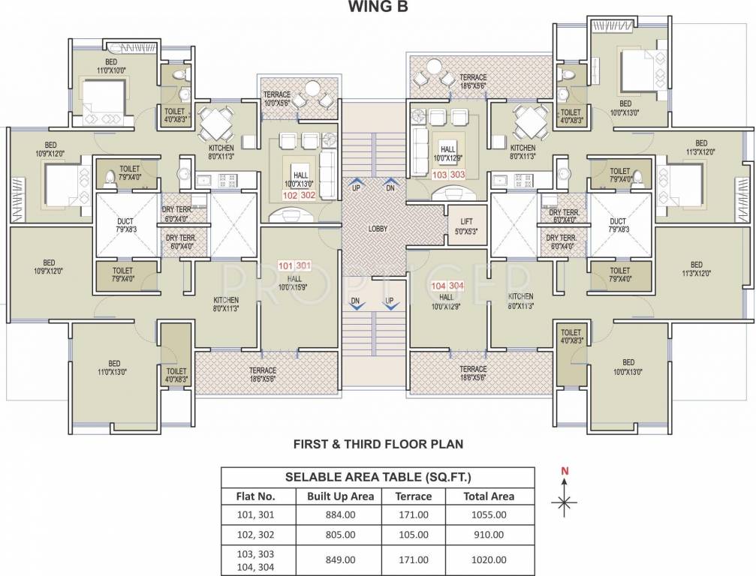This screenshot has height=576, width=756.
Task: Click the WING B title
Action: click(378, 7)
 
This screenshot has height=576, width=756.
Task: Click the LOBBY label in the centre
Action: click(377, 228)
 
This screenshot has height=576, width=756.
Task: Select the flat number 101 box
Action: click(286, 265)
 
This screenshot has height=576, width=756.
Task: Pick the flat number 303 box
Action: click(458, 174)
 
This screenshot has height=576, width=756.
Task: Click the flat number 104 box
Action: click(438, 286)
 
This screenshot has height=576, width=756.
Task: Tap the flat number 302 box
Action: click(307, 193)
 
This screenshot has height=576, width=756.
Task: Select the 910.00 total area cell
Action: click(489, 535)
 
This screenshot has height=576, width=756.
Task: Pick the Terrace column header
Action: click(414, 496)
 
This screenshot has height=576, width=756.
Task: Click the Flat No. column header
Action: click(257, 496)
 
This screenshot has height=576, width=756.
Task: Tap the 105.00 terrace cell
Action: click(414, 535)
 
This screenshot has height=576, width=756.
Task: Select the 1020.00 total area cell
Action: click(489, 559)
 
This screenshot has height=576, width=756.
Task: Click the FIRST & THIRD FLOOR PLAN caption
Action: click(378, 444)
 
